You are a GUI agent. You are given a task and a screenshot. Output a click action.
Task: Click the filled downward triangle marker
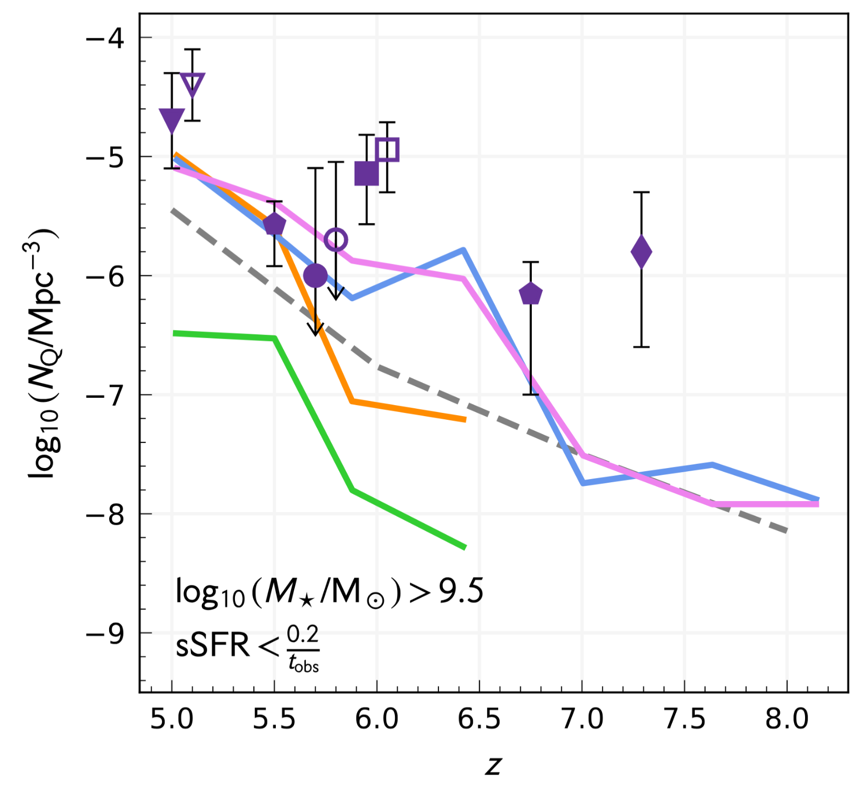click(172, 121)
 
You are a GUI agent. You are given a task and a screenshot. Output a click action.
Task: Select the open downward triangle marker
click(192, 84)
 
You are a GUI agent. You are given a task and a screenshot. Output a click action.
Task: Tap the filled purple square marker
click(367, 174)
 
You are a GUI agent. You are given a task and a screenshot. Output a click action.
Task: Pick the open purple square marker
click(388, 150)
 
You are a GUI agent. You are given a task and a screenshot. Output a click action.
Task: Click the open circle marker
click(336, 240)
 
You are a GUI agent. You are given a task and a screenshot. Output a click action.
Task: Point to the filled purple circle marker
click(315, 275)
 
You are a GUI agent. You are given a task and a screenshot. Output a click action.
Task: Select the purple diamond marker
click(641, 252)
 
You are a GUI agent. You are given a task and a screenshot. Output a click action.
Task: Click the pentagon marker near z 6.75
click(531, 294)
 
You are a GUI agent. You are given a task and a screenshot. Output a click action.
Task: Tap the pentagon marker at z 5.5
click(274, 225)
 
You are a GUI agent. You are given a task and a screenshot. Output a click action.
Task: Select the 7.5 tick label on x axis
click(684, 719)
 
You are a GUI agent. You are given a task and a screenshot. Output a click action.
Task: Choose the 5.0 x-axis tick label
click(172, 719)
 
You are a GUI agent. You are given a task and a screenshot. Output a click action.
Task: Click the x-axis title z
click(494, 765)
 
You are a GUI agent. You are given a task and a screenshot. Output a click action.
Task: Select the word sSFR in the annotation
click(212, 645)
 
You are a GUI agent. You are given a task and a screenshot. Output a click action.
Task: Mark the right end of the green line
click(465, 548)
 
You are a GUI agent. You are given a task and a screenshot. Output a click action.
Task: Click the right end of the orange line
click(465, 420)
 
